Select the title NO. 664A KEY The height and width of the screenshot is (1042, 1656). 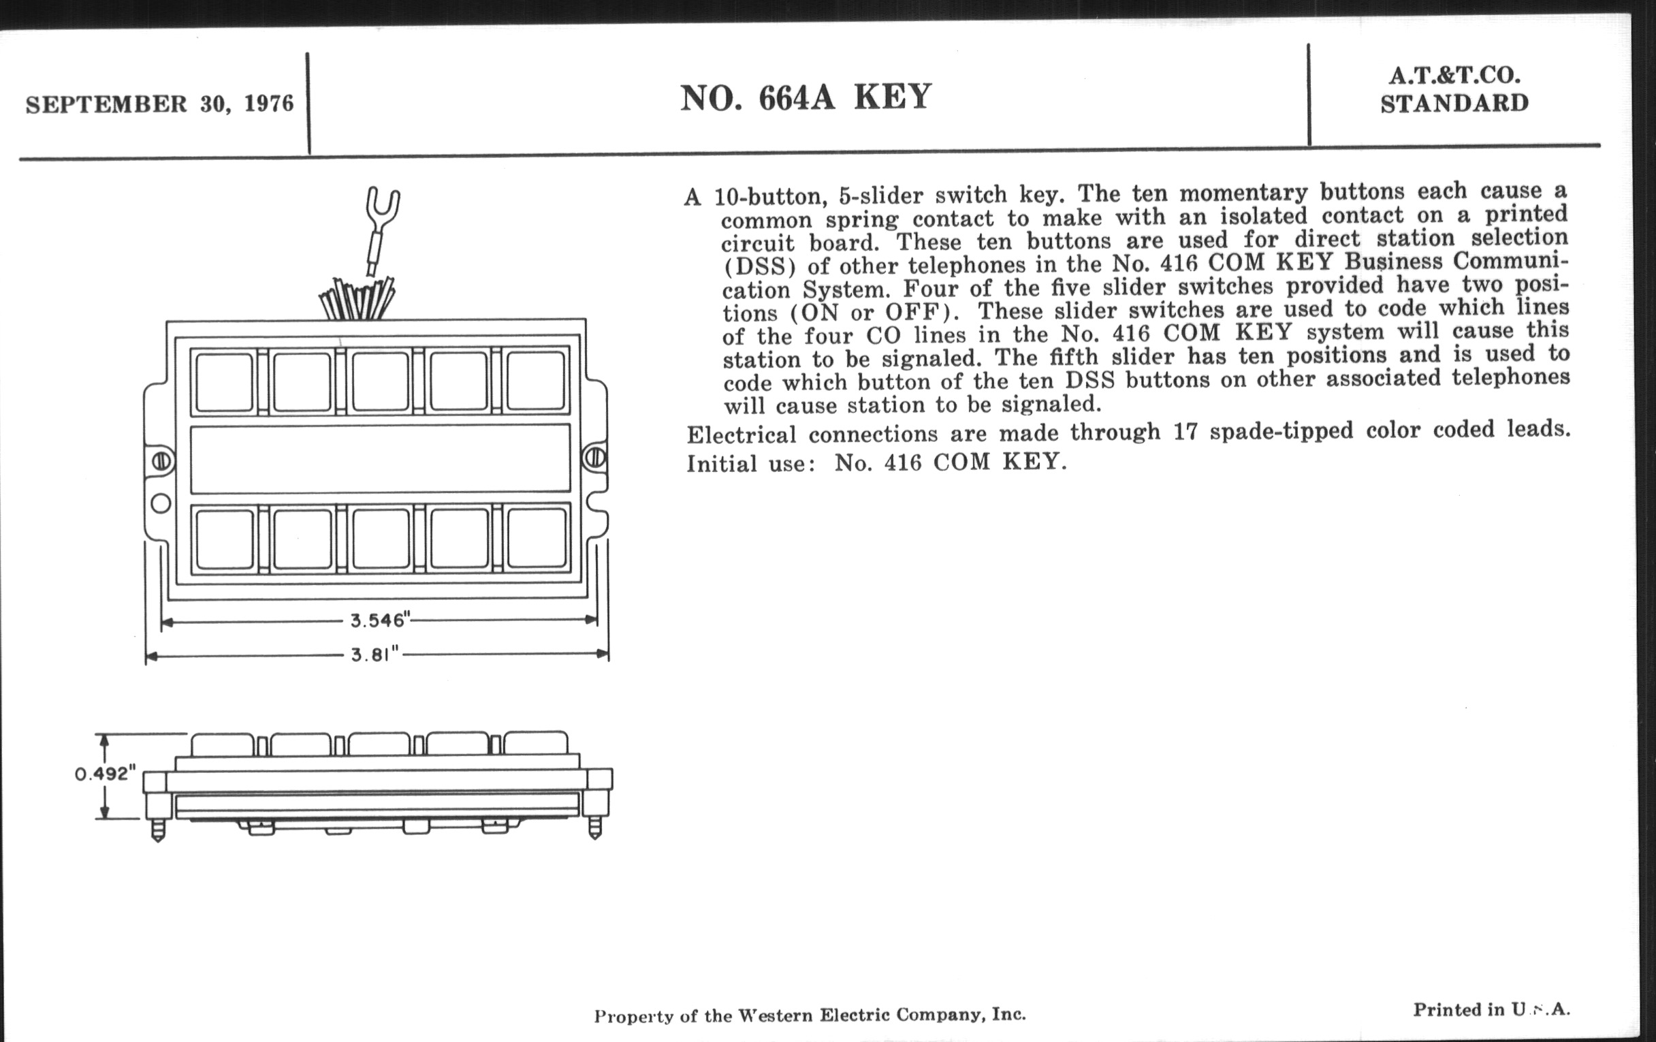pyautogui.click(x=806, y=97)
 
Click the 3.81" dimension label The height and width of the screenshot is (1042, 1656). pyautogui.click(x=375, y=654)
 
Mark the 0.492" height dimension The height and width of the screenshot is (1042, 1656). pyautogui.click(x=101, y=774)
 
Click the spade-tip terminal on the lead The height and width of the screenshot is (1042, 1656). pyautogui.click(x=383, y=204)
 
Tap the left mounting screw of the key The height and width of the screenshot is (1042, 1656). pyautogui.click(x=161, y=460)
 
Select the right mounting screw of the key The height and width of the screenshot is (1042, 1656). pyautogui.click(x=594, y=458)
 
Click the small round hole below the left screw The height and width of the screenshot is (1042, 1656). pyautogui.click(x=161, y=504)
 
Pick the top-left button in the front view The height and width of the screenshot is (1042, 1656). pyautogui.click(x=224, y=381)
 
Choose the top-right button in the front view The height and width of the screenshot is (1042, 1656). pyautogui.click(x=536, y=380)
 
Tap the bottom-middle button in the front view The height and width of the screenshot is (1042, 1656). pyautogui.click(x=381, y=538)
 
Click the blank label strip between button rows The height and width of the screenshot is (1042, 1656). pyautogui.click(x=380, y=459)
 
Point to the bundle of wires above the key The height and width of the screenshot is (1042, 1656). pyautogui.click(x=357, y=298)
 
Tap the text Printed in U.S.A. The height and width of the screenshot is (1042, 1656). pyautogui.click(x=1491, y=1010)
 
